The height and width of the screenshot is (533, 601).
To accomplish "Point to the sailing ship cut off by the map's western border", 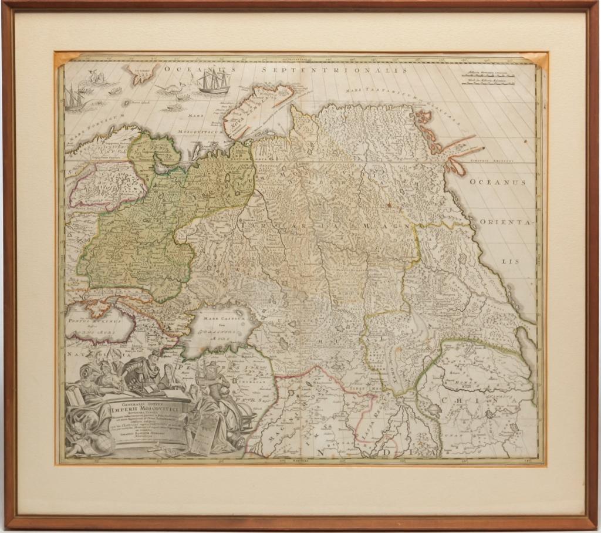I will pos(74,98).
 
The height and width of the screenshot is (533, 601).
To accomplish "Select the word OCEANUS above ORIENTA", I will pos(497,182).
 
